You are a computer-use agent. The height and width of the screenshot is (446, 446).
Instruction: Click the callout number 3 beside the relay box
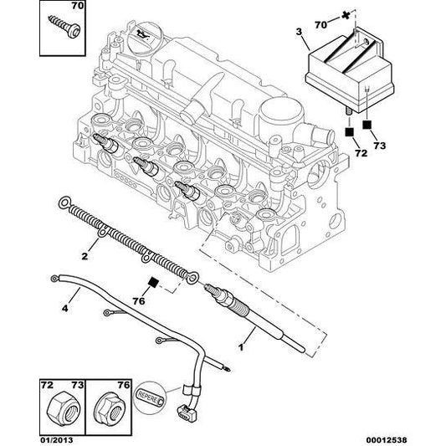point(299,32)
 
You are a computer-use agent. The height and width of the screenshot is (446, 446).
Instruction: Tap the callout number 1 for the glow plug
point(241,347)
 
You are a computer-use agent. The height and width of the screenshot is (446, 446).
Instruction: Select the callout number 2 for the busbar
point(85,256)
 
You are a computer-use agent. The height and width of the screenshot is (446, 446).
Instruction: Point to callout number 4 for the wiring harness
point(65,308)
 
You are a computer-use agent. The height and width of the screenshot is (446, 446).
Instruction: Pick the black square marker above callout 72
point(349,132)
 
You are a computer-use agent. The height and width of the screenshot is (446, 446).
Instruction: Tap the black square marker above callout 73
point(367,125)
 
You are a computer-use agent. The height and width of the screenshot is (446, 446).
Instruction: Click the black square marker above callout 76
point(154,282)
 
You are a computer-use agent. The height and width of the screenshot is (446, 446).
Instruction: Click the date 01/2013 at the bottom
point(56,440)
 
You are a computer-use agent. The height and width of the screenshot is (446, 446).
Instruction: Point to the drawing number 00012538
point(387,440)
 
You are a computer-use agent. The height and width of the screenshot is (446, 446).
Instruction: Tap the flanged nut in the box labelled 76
point(109,408)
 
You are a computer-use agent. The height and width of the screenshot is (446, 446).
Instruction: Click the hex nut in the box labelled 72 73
point(62,409)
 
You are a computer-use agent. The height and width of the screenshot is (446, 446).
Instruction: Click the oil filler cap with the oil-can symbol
point(144,37)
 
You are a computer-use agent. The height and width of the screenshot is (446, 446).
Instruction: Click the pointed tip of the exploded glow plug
point(304,350)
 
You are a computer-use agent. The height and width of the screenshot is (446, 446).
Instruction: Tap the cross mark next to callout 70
point(346,15)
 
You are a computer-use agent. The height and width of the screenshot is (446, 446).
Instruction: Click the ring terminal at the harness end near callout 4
point(54,279)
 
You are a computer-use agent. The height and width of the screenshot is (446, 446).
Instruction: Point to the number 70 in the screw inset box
point(77,6)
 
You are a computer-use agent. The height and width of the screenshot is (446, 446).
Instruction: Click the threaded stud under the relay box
point(349,111)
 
